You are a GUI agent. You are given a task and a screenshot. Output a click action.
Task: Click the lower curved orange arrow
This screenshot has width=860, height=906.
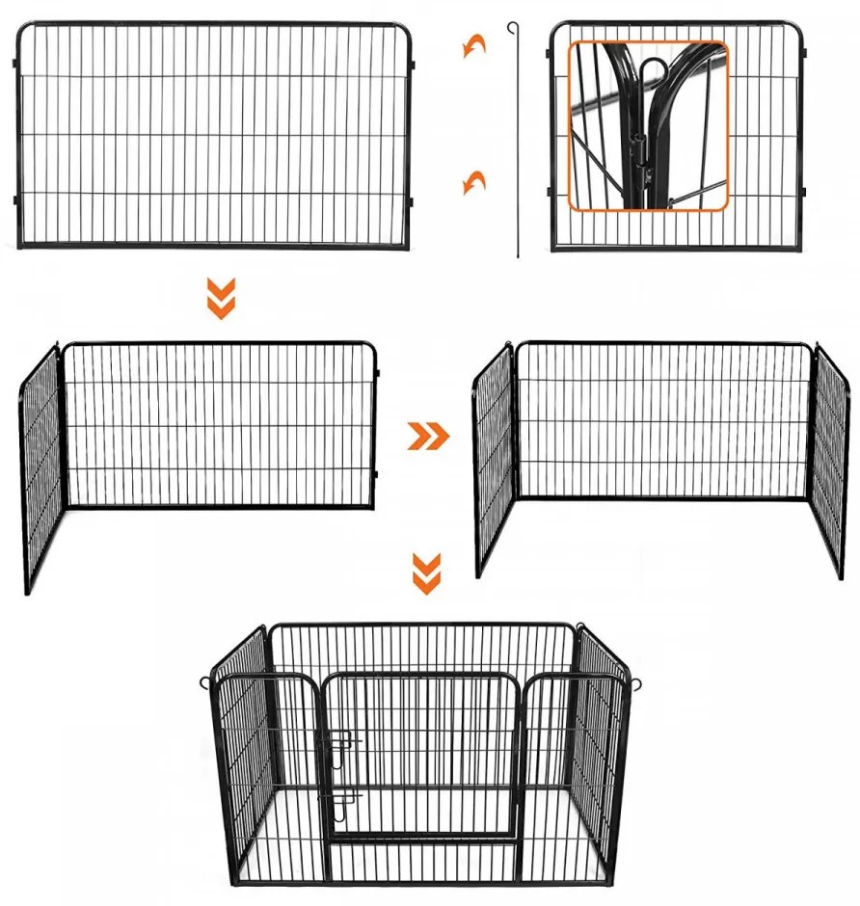click(x=473, y=181)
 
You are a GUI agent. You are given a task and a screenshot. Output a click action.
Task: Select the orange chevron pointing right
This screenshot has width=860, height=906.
click(x=428, y=436)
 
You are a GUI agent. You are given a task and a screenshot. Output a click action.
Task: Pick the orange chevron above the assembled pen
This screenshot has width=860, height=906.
click(x=426, y=573)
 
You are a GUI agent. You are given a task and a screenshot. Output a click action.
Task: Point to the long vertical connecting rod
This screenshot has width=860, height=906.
click(x=518, y=145)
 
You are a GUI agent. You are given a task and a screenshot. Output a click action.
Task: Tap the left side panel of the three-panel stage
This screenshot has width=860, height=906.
click(x=493, y=461)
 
